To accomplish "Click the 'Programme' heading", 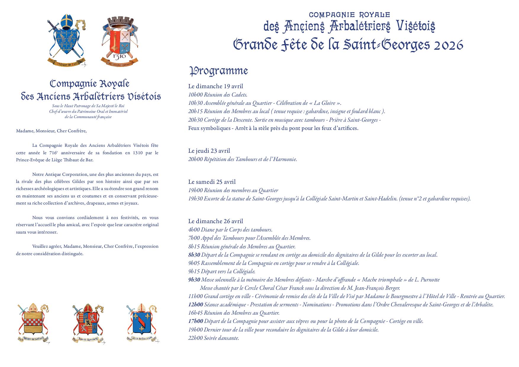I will (x=218, y=71).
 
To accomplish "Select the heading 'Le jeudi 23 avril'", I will (x=209, y=151).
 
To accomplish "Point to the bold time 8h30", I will (x=194, y=255).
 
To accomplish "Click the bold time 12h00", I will (x=196, y=305).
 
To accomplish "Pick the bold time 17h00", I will (x=196, y=321).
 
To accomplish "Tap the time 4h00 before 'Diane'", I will (x=194, y=230).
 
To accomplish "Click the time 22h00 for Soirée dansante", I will (x=195, y=338).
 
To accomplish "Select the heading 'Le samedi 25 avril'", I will (x=212, y=182).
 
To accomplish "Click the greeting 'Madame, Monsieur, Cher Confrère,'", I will (x=51, y=131).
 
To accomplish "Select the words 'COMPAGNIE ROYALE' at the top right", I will (x=349, y=15).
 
